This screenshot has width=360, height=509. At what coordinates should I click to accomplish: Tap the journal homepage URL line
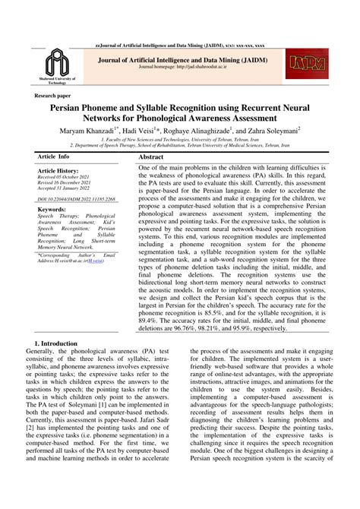(179, 66)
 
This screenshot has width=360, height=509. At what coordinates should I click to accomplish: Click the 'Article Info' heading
(56, 155)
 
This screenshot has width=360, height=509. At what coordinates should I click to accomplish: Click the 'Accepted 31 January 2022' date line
(68, 191)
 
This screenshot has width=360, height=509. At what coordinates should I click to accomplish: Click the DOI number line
(76, 200)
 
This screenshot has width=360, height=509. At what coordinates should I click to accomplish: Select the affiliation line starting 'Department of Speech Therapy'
(179, 144)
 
